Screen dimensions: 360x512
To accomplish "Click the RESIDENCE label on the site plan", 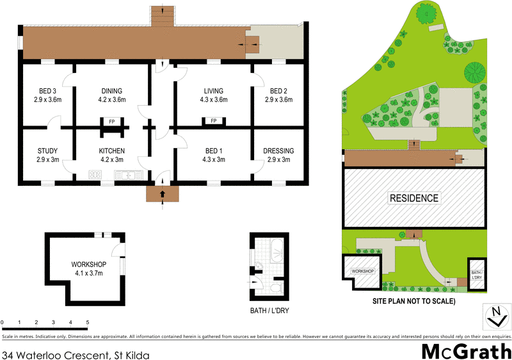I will pos(414,198).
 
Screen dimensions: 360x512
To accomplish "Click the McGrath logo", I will pos(465,350).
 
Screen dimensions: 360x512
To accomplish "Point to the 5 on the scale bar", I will pos(88,322).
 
